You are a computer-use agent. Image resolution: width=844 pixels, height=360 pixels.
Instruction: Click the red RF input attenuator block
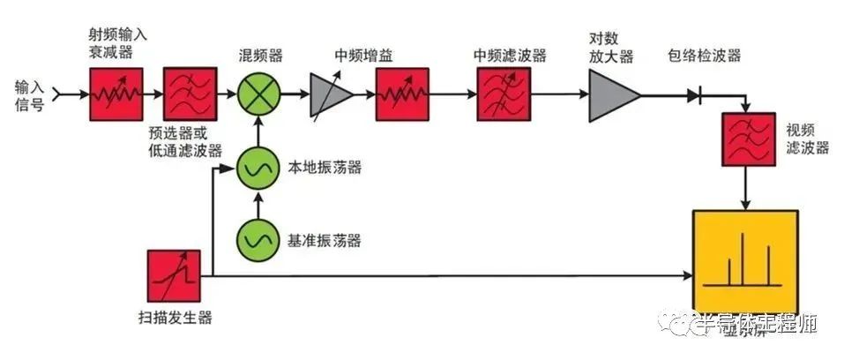(x=110, y=94)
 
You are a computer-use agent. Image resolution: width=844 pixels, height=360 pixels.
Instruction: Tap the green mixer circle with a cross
(x=258, y=94)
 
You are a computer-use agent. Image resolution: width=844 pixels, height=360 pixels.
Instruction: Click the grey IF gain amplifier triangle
(x=330, y=94)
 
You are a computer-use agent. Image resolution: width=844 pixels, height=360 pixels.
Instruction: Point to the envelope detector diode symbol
(x=701, y=94)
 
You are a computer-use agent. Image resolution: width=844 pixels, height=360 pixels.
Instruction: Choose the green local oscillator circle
(x=258, y=169)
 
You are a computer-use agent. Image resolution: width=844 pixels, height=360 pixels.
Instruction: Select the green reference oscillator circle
(x=258, y=239)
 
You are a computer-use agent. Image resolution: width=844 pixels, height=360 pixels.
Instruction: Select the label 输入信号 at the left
(x=27, y=94)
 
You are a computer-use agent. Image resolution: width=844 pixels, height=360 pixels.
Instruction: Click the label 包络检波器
(x=705, y=56)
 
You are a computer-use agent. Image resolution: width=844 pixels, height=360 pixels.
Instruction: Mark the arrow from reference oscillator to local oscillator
(x=258, y=205)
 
